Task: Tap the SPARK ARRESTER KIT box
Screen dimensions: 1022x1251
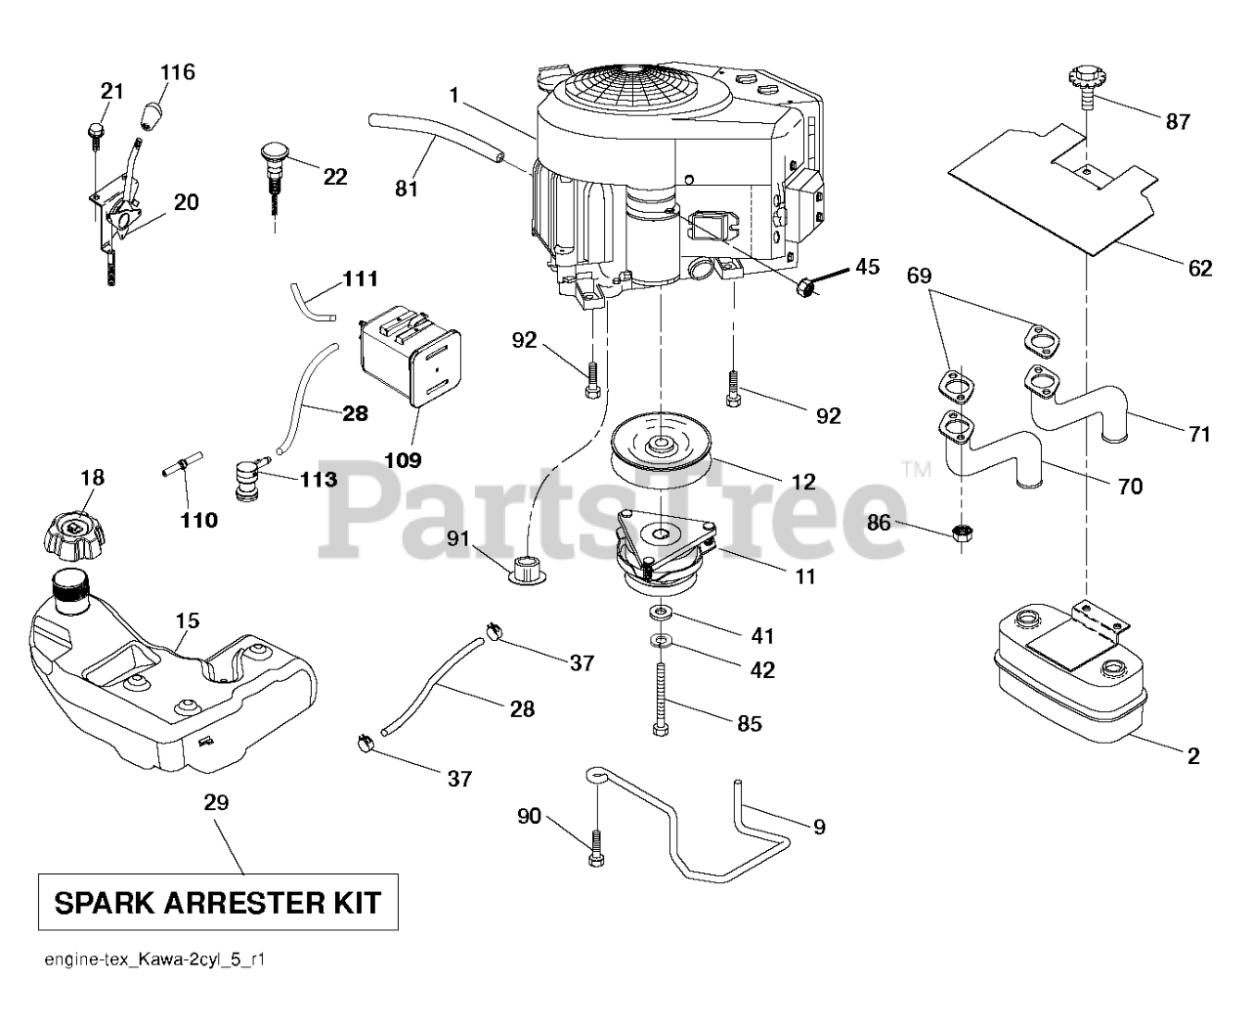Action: pos(218,902)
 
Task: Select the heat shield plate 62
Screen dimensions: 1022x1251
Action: pos(1056,186)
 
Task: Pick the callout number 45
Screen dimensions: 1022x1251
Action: pos(867,266)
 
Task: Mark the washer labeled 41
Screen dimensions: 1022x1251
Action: pos(663,614)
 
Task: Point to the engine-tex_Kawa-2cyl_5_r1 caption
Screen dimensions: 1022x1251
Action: pos(155,960)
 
